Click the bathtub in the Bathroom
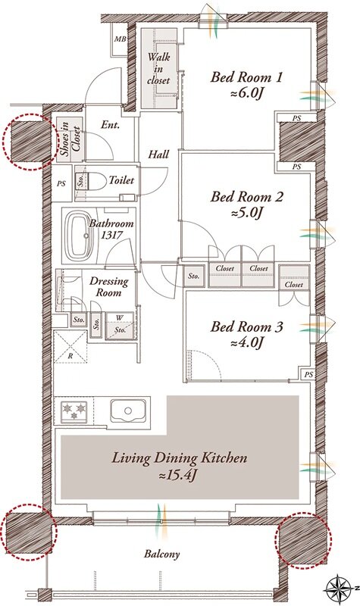(79, 236)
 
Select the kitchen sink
(128, 411)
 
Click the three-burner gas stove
(74, 411)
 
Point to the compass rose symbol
(339, 589)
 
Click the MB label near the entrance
(120, 39)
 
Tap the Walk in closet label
(158, 69)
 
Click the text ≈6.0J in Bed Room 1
(246, 94)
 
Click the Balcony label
(162, 554)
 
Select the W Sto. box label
(120, 324)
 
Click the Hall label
(158, 155)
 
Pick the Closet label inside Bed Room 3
(294, 285)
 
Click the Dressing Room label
(108, 287)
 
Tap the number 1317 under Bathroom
(111, 235)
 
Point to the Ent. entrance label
(111, 125)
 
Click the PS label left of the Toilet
(61, 184)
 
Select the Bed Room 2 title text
(246, 197)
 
